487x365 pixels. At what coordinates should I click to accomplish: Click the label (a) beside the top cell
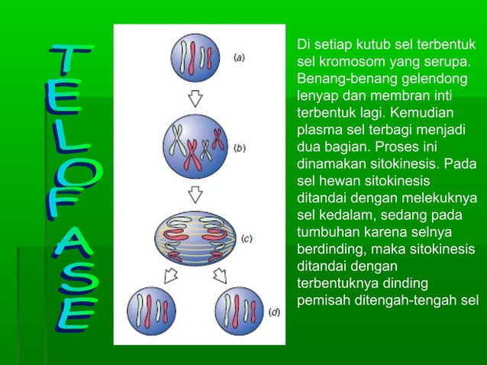click(239, 57)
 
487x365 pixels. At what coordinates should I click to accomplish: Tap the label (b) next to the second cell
click(240, 148)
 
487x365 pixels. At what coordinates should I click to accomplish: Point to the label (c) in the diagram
click(247, 238)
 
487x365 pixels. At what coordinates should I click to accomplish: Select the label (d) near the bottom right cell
click(274, 312)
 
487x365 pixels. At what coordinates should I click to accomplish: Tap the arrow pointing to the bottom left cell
click(172, 273)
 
